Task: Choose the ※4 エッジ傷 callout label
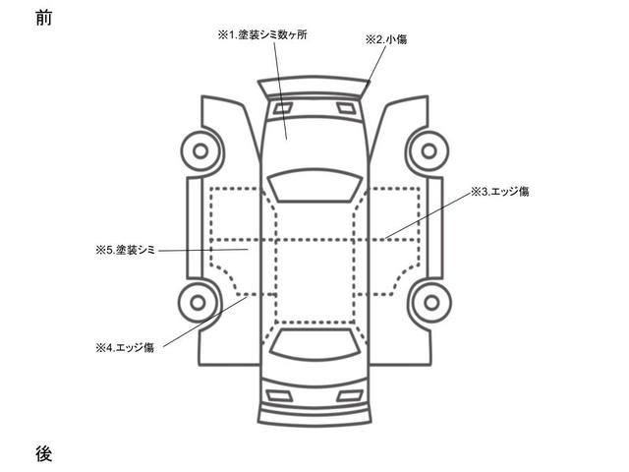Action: point(125,347)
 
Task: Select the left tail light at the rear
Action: point(279,395)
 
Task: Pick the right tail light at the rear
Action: point(350,395)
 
